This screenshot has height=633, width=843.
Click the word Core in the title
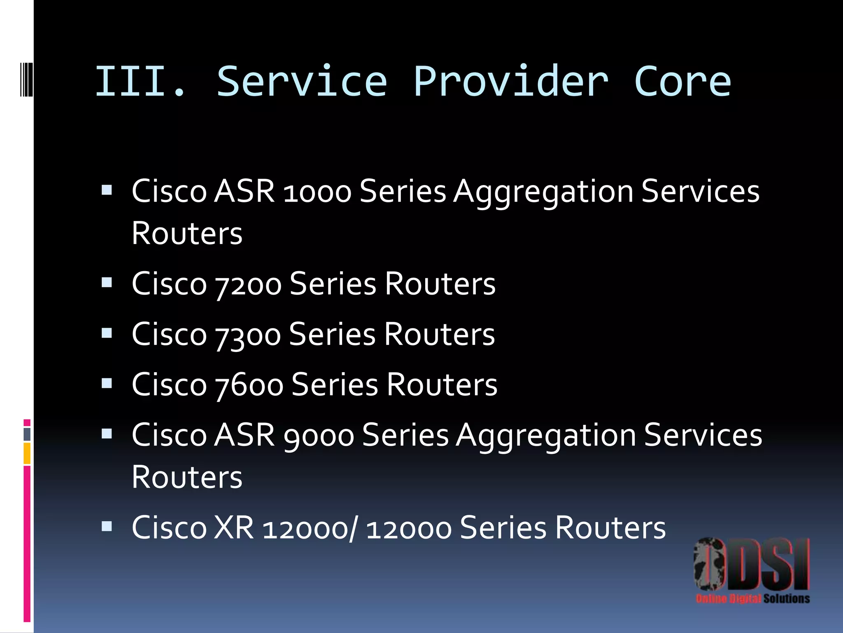pos(682,82)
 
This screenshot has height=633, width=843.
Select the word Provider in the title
pos(510,82)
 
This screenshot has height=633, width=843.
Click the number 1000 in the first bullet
pos(317,192)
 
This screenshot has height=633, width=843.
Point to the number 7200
pos(248,285)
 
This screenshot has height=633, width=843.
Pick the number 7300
pos(248,335)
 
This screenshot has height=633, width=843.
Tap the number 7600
pos(249,385)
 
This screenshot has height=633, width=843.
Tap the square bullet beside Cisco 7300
pos(107,333)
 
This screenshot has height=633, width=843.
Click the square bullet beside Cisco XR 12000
pos(107,526)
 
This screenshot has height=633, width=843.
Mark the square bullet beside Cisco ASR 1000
pos(107,190)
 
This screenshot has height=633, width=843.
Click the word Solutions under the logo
pos(787,598)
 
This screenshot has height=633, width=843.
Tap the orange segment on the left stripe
pos(27,453)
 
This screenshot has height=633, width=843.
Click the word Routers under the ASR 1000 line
pos(187,234)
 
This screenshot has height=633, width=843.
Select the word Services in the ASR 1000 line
pos(700,192)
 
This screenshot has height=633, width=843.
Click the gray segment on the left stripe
pos(27,434)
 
